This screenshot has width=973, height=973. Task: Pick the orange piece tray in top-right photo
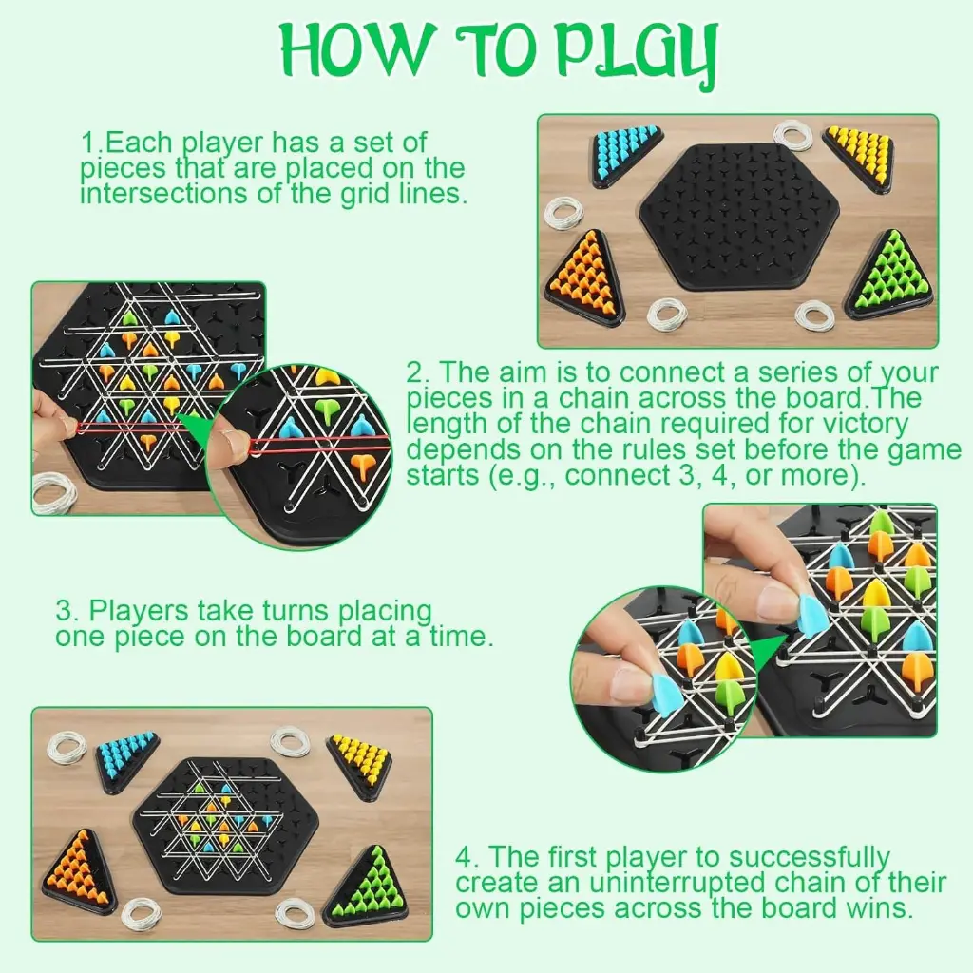[582, 276]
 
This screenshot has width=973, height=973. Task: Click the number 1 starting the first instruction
[87, 143]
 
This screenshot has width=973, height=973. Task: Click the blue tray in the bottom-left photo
[124, 759]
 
